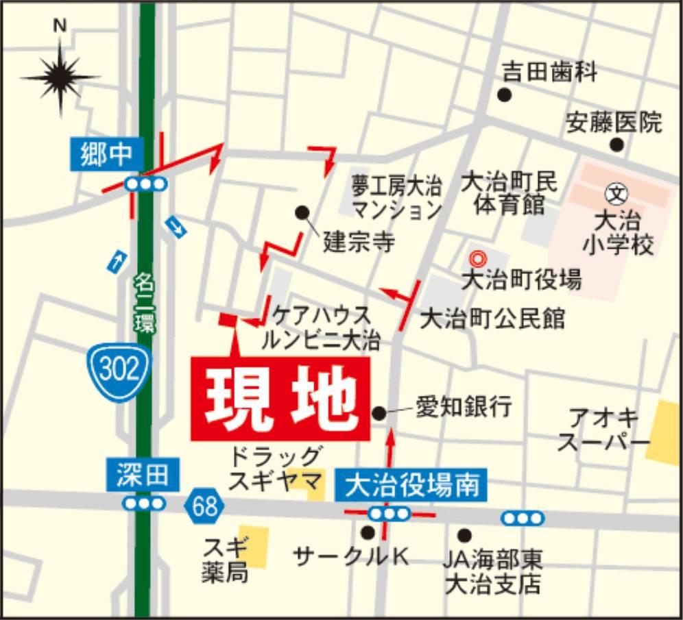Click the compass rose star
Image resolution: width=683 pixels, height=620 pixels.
click(x=60, y=77)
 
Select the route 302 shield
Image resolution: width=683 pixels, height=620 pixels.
click(x=119, y=370)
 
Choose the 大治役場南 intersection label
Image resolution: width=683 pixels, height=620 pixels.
click(x=411, y=485)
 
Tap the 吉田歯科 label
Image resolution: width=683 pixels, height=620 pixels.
click(x=550, y=71)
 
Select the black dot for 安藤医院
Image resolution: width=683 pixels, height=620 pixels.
click(x=616, y=145)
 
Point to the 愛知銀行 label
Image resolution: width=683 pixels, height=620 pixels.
click(x=464, y=408)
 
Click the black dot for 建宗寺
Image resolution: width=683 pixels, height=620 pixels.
click(x=302, y=212)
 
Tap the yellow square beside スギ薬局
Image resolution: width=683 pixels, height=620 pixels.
click(x=254, y=546)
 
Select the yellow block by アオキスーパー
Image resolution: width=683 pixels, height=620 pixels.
click(x=662, y=434)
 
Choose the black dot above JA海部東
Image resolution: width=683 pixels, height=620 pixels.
click(x=465, y=534)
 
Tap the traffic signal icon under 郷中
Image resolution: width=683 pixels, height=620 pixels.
click(x=146, y=184)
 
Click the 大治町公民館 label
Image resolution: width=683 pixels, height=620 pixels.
click(x=492, y=318)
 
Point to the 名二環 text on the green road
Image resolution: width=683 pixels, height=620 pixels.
click(x=144, y=301)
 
